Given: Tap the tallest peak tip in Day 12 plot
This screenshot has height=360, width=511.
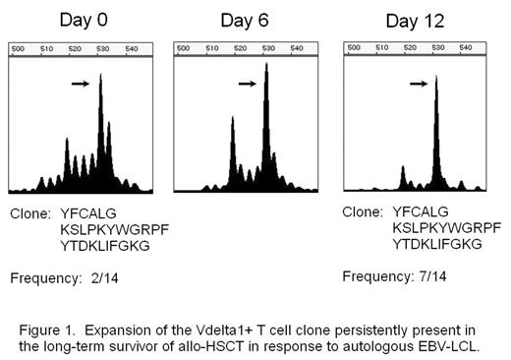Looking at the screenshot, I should tap(437, 78).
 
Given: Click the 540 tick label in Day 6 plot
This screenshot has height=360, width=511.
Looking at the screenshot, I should tap(300, 48).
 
